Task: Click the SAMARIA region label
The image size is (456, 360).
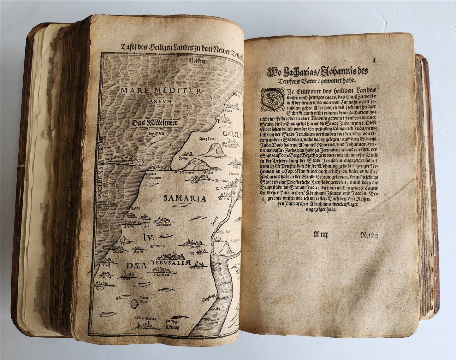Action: [185, 198]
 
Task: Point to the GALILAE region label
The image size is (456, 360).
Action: [232, 134]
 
